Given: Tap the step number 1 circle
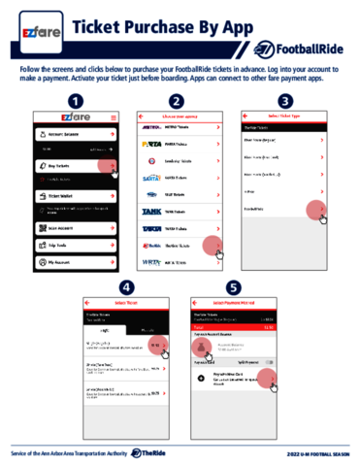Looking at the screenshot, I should [74, 101].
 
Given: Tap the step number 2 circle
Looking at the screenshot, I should [176, 101].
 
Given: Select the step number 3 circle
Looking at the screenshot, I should [284, 101].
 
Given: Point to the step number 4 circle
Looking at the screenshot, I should [126, 288].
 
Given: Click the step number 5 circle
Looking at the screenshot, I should [231, 288].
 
